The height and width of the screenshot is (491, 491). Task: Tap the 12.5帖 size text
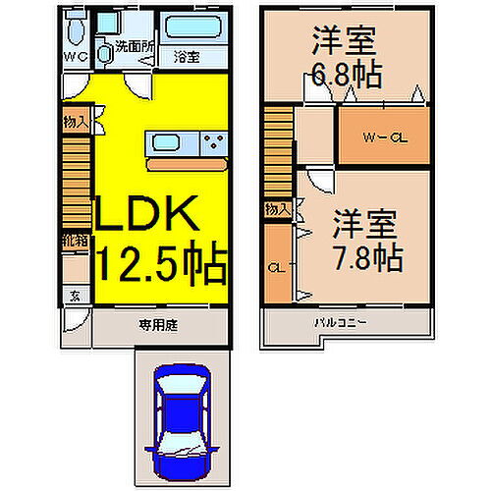pos(162,262)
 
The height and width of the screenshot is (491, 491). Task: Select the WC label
pos(76,57)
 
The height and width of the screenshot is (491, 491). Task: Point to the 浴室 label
pos(188,57)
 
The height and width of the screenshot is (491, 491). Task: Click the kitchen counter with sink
pos(186,143)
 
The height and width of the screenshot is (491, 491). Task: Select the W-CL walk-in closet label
pos(385,137)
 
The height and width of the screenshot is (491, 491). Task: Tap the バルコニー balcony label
pos(340,322)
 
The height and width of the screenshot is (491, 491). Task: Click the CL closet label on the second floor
pos(277,266)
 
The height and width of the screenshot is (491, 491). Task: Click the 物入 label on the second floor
pos(277,208)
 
